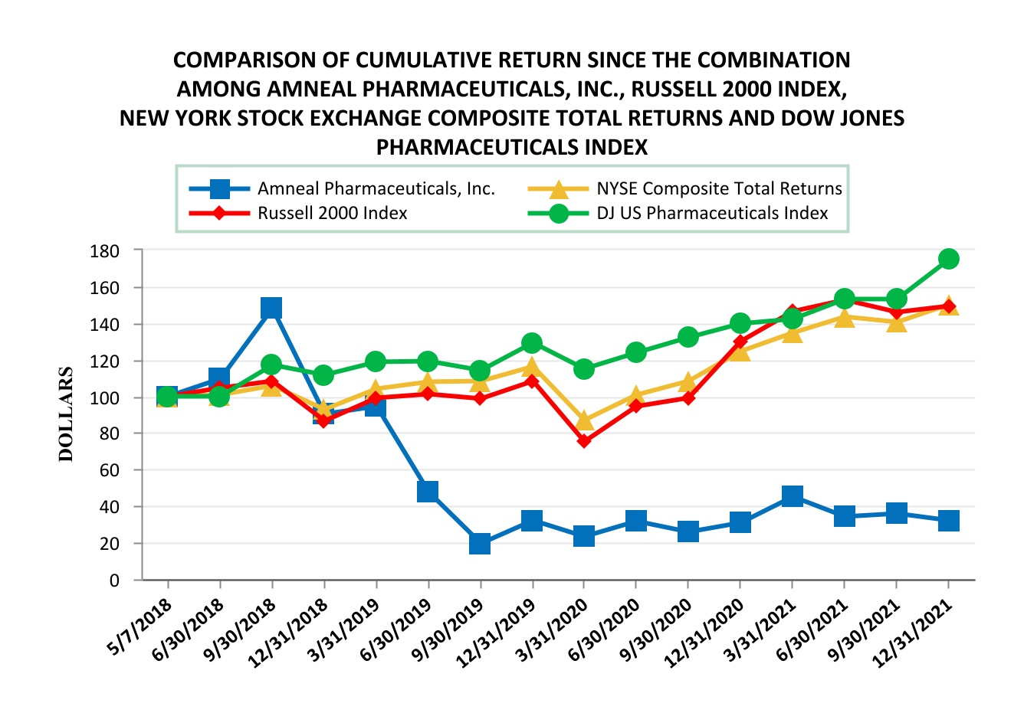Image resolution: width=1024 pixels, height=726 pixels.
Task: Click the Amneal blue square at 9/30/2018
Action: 271,308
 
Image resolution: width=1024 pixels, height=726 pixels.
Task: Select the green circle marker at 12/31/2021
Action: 948,259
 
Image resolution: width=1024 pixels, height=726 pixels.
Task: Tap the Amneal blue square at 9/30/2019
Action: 480,543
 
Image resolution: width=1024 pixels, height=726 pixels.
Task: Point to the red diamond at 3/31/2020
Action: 584,441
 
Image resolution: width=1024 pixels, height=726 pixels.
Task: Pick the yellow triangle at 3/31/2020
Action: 584,420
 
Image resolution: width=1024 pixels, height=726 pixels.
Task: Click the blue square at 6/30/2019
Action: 428,491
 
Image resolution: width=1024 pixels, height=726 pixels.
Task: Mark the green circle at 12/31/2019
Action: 532,342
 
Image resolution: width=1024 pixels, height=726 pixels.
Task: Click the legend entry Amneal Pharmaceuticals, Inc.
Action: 376,188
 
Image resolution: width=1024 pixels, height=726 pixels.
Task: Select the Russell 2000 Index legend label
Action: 332,213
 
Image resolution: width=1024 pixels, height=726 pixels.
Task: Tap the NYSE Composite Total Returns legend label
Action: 719,188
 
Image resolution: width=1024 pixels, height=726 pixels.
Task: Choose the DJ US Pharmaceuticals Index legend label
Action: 712,213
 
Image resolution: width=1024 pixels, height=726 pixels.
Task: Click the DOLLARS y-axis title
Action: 67,414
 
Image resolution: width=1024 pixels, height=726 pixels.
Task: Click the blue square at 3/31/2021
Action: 793,495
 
